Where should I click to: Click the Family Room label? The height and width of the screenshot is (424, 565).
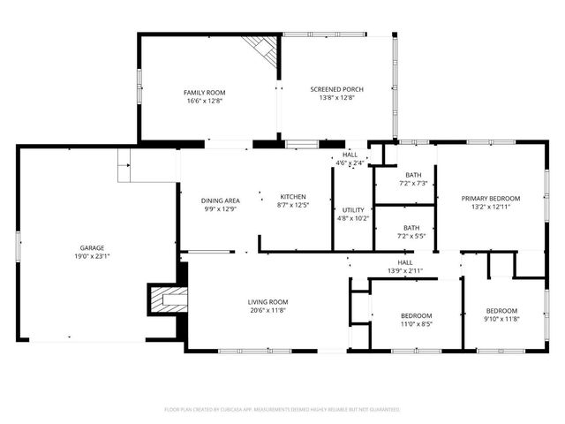pyautogui.click(x=200, y=92)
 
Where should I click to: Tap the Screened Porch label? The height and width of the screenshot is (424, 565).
pyautogui.click(x=336, y=89)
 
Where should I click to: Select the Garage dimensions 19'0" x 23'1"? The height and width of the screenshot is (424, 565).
pyautogui.click(x=93, y=256)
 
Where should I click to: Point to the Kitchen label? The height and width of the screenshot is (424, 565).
pyautogui.click(x=292, y=196)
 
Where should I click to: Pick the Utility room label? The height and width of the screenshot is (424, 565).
pyautogui.click(x=352, y=209)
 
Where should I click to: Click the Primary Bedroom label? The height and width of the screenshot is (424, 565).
pyautogui.click(x=491, y=198)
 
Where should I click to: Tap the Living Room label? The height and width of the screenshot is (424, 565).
pyautogui.click(x=267, y=302)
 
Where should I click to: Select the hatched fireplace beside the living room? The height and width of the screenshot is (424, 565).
pyautogui.click(x=166, y=300)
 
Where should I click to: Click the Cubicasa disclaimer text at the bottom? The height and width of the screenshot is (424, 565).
pyautogui.click(x=282, y=410)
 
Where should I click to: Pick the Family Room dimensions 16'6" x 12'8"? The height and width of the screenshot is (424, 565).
pyautogui.click(x=200, y=101)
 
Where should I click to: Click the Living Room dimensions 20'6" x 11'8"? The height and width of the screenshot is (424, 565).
pyautogui.click(x=267, y=311)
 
